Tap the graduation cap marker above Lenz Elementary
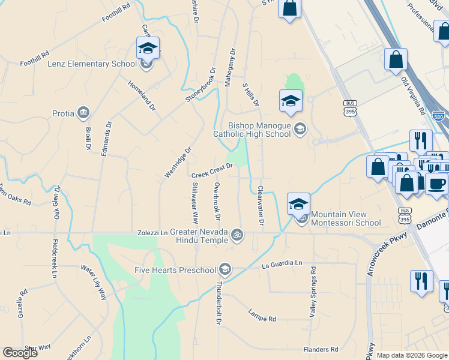coord(148,47)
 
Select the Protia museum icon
coord(83,112)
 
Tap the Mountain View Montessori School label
coord(346,218)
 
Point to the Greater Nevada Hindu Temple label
coord(199,235)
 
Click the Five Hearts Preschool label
coord(176,269)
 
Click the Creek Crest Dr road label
coord(211,170)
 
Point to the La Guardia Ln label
coord(282,263)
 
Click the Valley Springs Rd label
coord(313,293)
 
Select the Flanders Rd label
coord(322,349)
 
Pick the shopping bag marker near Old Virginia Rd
coord(396,59)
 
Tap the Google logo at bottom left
coord(20,352)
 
